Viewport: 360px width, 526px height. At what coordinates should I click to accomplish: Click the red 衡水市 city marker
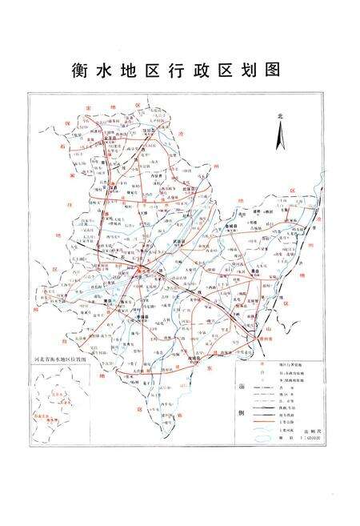[x=142, y=271]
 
